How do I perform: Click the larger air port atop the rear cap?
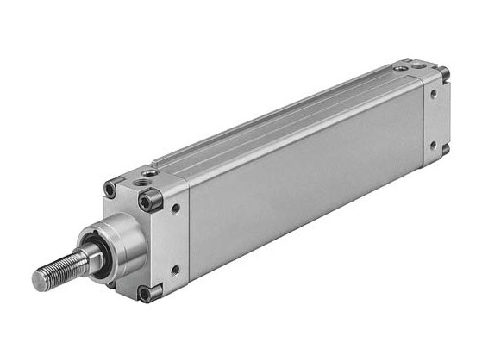point(420,65)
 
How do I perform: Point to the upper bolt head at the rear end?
point(444,73)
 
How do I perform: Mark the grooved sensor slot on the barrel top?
point(285,121)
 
